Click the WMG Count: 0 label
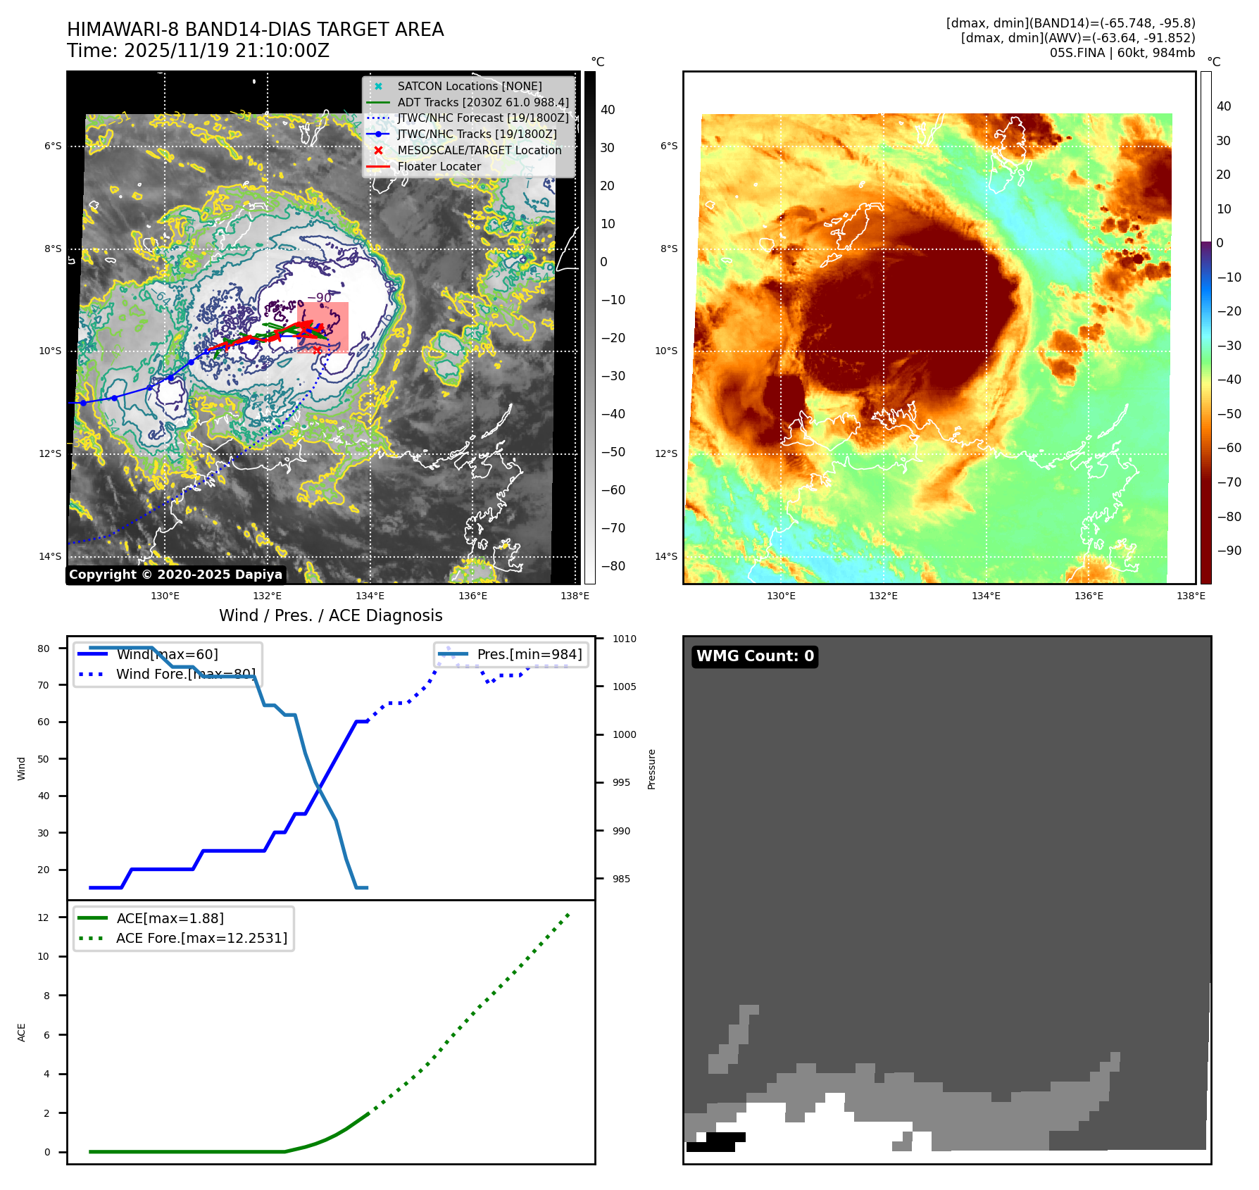(755, 656)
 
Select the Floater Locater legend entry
(439, 167)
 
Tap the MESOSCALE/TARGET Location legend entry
(479, 151)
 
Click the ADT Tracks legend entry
(482, 103)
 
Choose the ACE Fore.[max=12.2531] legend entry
(201, 939)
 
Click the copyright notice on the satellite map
(175, 575)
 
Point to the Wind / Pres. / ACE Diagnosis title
(331, 615)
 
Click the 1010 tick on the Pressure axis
(624, 639)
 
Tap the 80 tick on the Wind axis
(44, 649)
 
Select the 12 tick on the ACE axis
(44, 917)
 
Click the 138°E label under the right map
(1191, 596)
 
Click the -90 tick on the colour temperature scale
(1229, 551)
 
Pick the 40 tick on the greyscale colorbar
(608, 110)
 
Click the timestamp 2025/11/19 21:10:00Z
(226, 51)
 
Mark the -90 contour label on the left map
(320, 298)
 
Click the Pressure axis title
(651, 769)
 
